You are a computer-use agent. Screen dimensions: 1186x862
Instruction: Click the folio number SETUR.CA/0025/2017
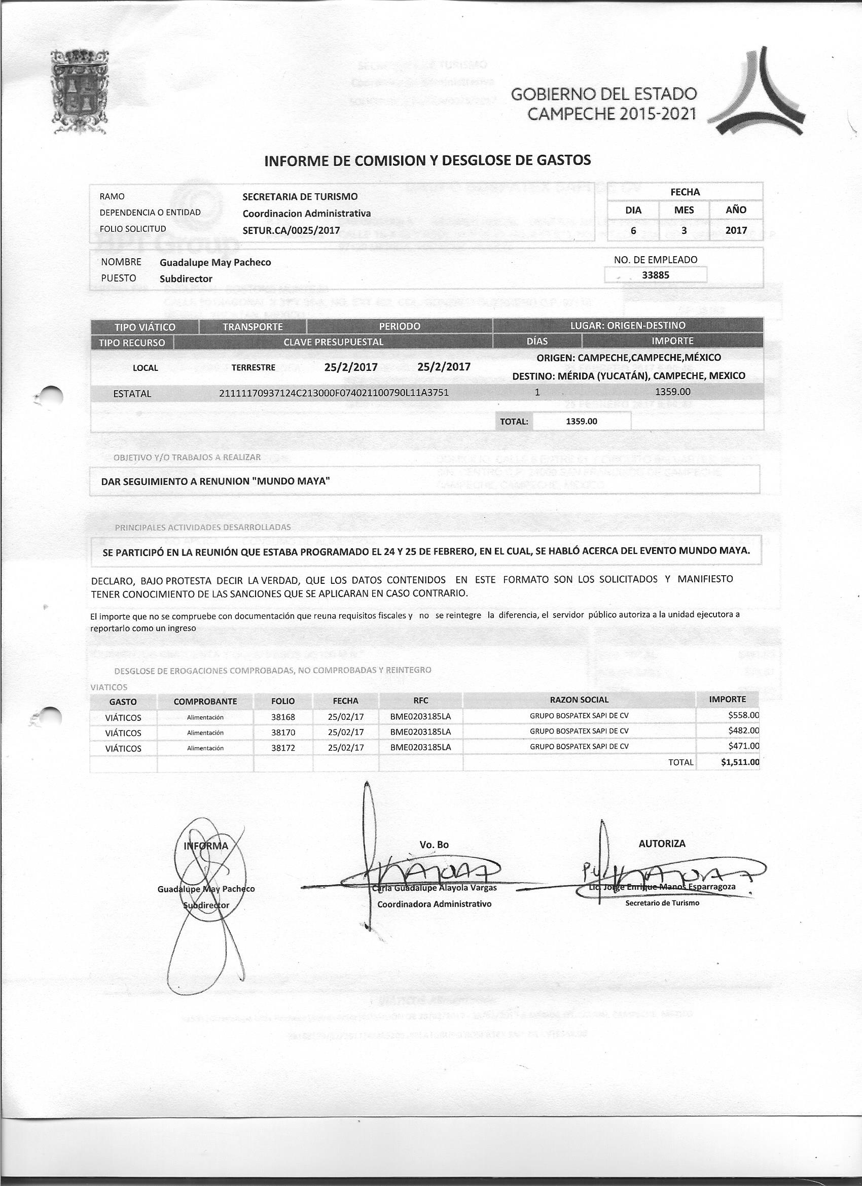[291, 230]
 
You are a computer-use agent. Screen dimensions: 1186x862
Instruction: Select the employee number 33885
[655, 275]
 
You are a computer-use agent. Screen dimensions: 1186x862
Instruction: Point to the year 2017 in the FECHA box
[736, 230]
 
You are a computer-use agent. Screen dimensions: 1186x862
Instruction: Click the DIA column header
[633, 210]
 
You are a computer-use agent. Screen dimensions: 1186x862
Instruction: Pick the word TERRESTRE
[253, 368]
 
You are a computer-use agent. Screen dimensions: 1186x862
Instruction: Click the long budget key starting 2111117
[334, 393]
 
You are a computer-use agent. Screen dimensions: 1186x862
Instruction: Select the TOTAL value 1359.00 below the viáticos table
[581, 421]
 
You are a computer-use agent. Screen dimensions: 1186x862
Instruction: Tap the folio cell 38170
[283, 732]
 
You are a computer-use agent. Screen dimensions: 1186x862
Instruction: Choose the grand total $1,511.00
[740, 762]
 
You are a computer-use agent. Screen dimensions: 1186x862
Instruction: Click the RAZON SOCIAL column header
[579, 700]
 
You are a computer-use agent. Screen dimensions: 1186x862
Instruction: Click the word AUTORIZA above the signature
[661, 844]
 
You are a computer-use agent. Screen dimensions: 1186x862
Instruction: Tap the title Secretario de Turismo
[662, 902]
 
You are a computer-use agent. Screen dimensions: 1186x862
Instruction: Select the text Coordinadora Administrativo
[434, 903]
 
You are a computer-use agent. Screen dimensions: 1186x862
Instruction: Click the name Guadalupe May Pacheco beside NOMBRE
[215, 262]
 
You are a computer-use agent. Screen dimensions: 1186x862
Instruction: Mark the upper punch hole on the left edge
[51, 395]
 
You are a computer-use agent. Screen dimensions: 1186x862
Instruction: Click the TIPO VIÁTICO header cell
[145, 327]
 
